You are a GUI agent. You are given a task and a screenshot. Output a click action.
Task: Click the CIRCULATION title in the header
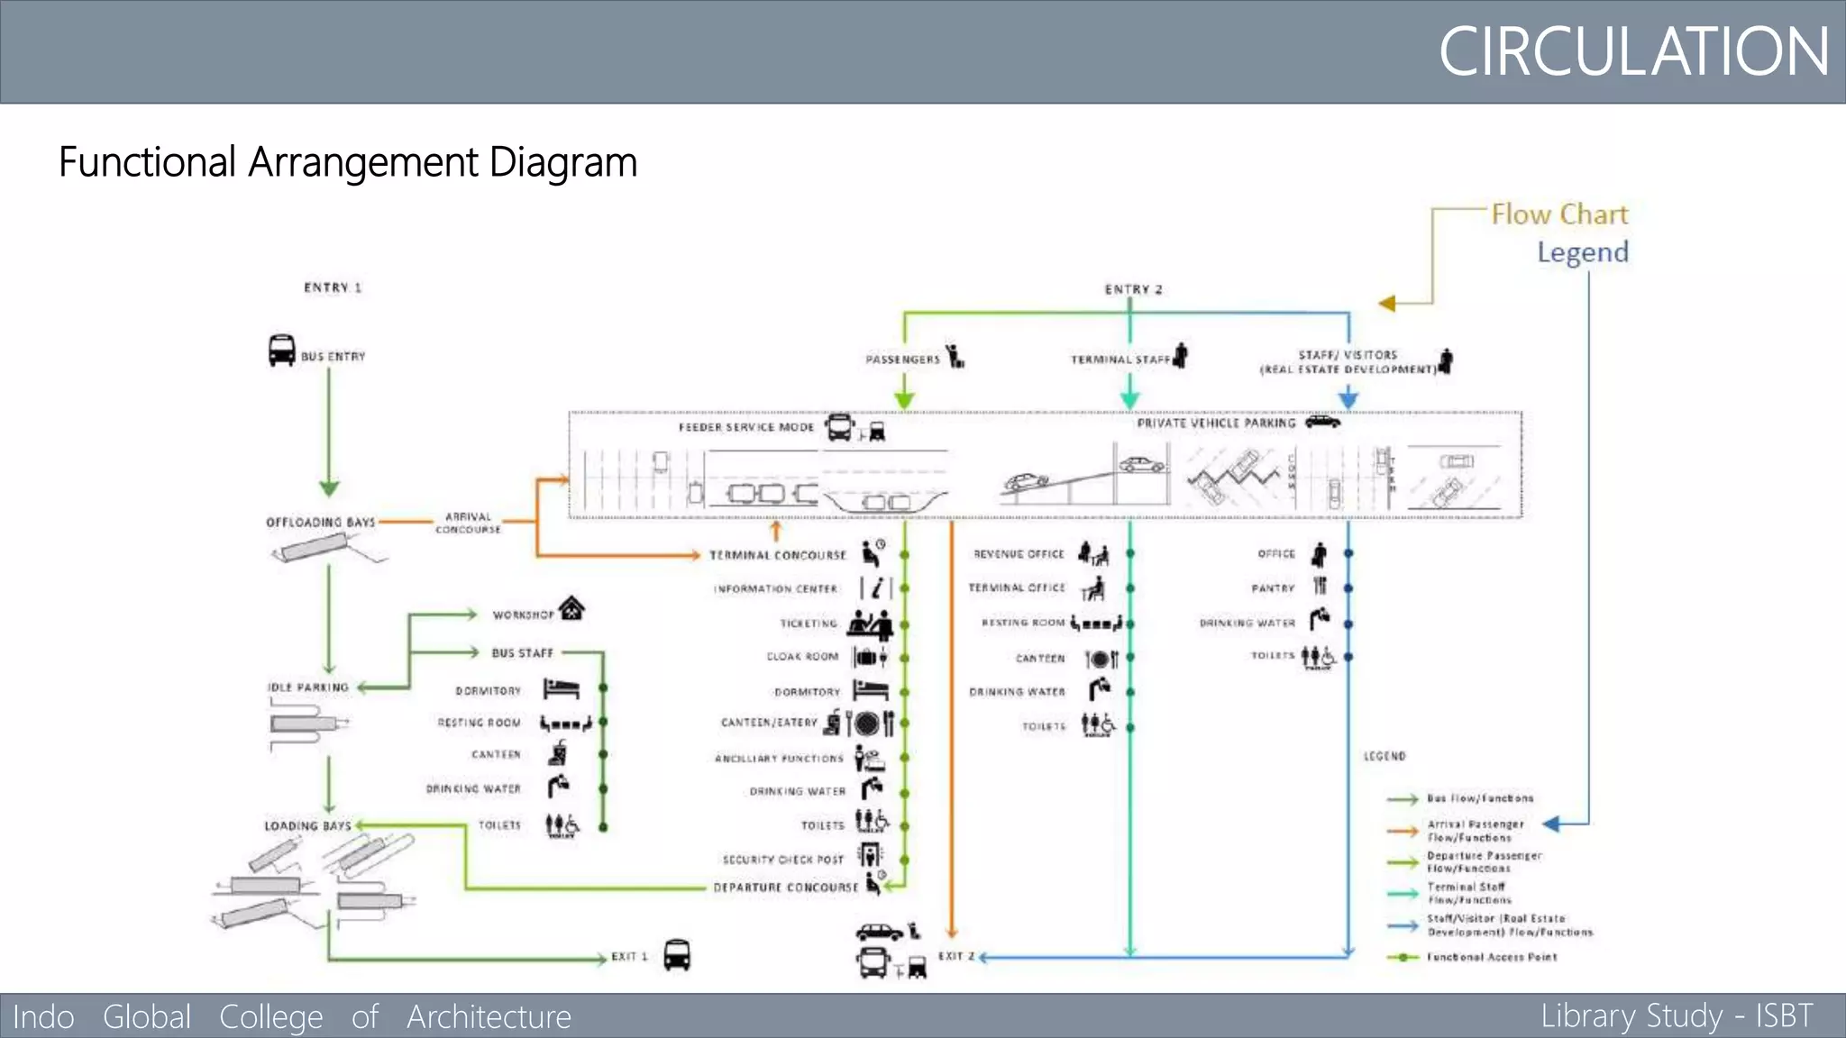(x=1632, y=51)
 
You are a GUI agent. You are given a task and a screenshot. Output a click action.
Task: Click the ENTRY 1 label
(x=333, y=287)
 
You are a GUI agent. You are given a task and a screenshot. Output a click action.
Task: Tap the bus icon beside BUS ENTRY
(x=281, y=350)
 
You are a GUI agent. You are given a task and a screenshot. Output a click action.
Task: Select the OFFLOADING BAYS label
(x=320, y=522)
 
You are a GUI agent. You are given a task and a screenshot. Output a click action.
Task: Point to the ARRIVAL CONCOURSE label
(x=468, y=523)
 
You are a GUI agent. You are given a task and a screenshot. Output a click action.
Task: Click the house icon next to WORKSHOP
(x=571, y=609)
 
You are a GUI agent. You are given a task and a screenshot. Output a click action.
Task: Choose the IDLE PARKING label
(x=308, y=687)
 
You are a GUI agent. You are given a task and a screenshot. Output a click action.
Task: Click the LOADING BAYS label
(x=307, y=825)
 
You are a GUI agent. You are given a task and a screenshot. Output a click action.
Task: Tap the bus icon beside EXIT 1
(x=677, y=954)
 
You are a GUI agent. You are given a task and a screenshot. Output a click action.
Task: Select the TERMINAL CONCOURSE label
(x=777, y=555)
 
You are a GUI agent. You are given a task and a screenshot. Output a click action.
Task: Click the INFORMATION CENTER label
(x=776, y=588)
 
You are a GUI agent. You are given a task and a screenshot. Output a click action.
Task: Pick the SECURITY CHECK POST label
(x=782, y=860)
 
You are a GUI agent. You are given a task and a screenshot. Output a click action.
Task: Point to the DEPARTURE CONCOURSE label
(x=785, y=888)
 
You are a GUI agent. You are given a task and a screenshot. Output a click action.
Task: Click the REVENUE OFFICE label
(x=1019, y=554)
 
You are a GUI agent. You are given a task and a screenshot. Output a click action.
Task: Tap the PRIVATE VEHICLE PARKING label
(x=1216, y=423)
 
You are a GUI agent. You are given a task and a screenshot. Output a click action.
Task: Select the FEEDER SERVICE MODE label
(x=746, y=427)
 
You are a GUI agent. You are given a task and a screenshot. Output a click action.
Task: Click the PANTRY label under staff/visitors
(x=1273, y=588)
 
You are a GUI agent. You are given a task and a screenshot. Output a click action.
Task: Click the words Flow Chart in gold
(x=1559, y=214)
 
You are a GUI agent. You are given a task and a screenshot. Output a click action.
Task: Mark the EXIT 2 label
(x=956, y=956)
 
